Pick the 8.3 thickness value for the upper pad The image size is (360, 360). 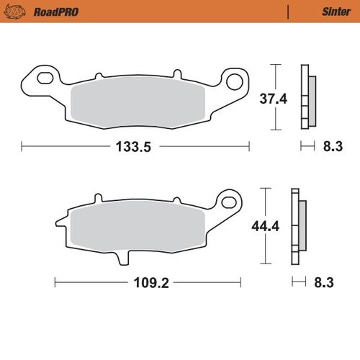pos(332,147)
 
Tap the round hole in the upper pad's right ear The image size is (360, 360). pos(235,80)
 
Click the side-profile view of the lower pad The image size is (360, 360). pos(297,227)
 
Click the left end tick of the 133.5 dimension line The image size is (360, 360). pos(22,147)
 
